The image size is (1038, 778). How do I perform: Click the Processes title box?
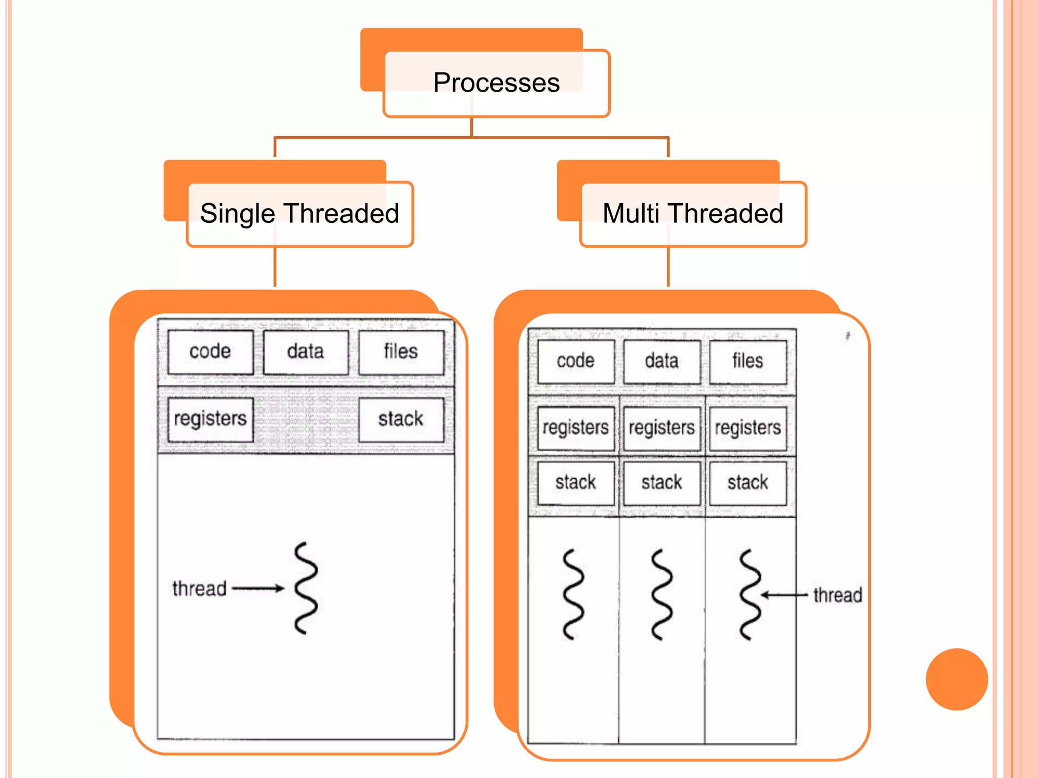[x=496, y=83]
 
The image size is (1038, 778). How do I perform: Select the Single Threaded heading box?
[x=300, y=214]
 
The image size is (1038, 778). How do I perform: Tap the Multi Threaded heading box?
[x=693, y=214]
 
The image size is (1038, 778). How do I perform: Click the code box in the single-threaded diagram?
[x=210, y=352]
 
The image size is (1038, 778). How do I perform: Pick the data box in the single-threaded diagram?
[x=306, y=352]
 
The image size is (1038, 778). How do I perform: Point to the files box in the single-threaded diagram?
[x=401, y=352]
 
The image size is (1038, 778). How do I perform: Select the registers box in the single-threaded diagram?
[x=210, y=419]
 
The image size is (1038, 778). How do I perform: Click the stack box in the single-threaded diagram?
[x=401, y=419]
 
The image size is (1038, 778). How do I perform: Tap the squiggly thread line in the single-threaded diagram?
[x=306, y=588]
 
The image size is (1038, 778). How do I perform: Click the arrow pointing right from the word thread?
[x=258, y=589]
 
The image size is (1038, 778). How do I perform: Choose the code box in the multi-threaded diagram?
[x=576, y=362]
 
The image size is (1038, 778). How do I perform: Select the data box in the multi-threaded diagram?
[x=662, y=362]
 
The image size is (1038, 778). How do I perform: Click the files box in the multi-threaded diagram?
[x=748, y=362]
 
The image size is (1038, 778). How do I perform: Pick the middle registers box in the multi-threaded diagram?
[x=662, y=429]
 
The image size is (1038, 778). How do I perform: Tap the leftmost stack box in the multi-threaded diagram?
[x=576, y=483]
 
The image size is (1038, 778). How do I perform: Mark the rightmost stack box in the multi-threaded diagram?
[x=748, y=483]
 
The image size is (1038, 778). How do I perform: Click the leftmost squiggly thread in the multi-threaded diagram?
[x=573, y=594]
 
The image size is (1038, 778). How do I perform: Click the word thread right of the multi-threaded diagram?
[x=838, y=595]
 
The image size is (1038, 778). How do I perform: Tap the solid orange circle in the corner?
[x=956, y=679]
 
